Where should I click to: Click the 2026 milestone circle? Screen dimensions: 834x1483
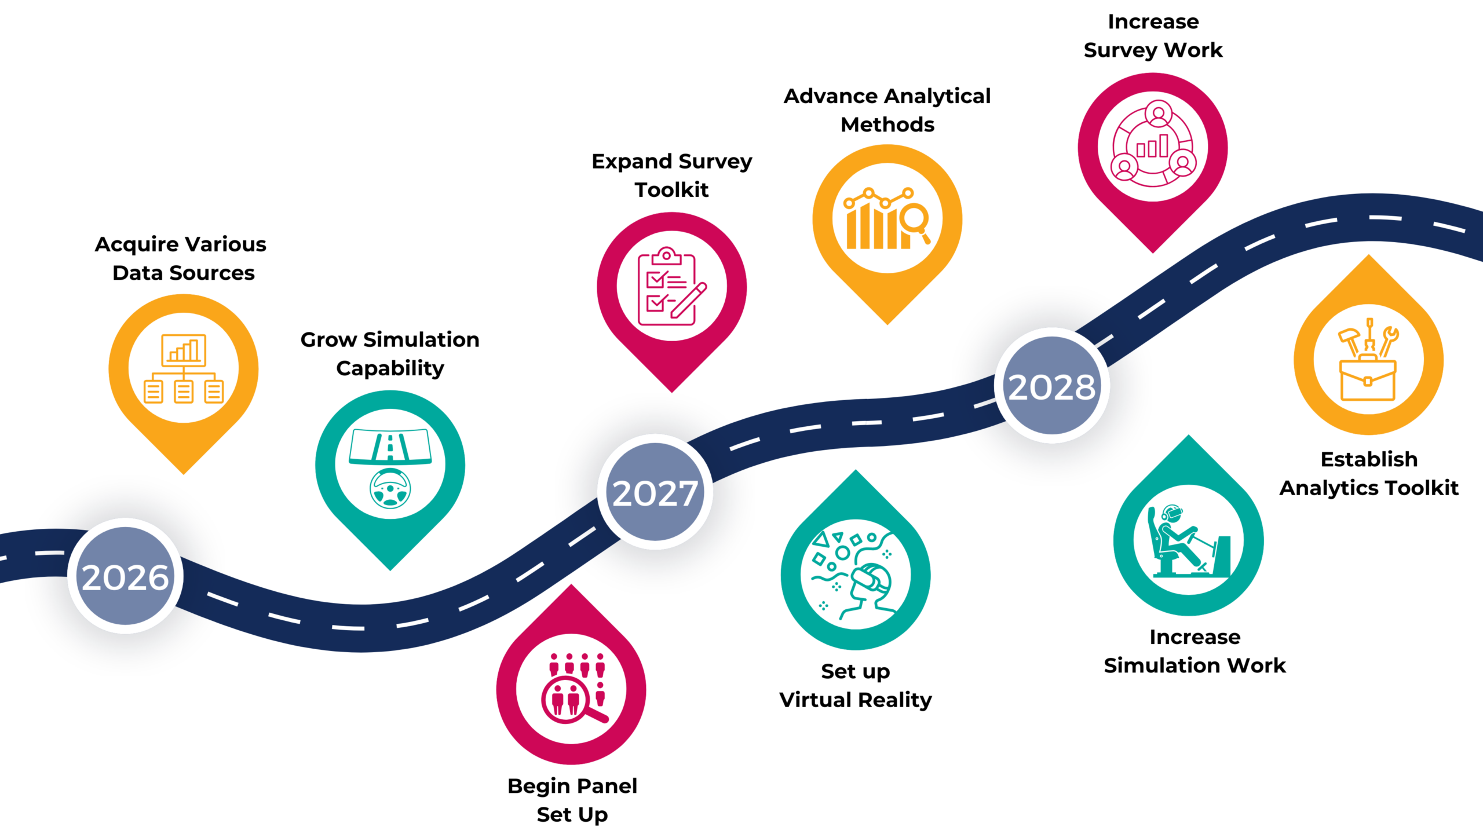125,576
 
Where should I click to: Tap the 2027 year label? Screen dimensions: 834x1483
655,493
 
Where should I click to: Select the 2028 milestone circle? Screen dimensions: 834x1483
1052,386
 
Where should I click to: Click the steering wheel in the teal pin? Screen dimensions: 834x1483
390,488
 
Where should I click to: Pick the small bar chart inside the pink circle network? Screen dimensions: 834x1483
1152,147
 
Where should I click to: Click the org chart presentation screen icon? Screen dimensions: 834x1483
184,349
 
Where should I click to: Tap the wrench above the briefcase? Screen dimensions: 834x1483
1388,341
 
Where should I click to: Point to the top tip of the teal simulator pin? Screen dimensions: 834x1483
1189,435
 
